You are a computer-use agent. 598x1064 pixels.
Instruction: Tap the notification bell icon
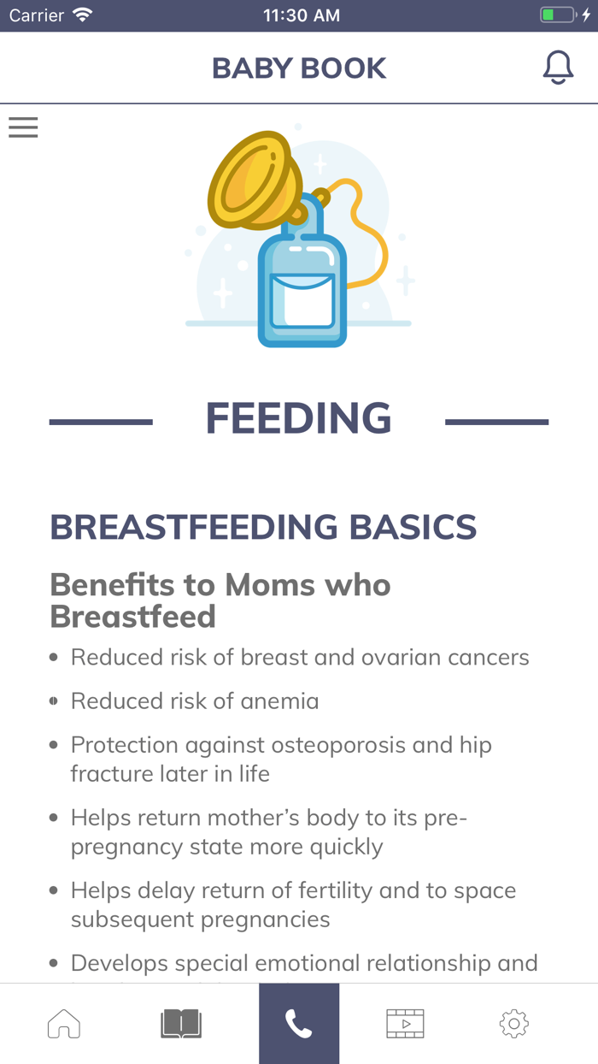click(x=558, y=68)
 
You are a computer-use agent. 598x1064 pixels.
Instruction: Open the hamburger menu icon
click(x=23, y=127)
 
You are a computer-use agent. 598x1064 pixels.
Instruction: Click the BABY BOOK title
click(x=299, y=68)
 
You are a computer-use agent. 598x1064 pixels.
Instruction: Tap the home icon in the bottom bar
click(x=64, y=1024)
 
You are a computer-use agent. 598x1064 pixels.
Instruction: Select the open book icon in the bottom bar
click(x=181, y=1024)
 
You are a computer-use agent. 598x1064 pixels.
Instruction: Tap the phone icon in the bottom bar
click(x=298, y=1024)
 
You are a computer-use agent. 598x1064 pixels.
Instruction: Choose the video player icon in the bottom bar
click(x=405, y=1024)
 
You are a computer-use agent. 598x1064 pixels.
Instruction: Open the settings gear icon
click(x=514, y=1024)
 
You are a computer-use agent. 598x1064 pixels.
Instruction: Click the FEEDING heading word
click(x=298, y=418)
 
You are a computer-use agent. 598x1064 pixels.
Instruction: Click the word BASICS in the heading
click(x=413, y=527)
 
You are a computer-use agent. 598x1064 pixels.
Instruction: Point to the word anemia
click(x=279, y=701)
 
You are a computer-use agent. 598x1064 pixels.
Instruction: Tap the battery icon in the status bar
click(x=558, y=15)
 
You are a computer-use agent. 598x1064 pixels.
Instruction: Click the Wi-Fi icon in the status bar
click(x=83, y=15)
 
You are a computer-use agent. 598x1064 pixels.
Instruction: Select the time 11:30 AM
click(x=302, y=15)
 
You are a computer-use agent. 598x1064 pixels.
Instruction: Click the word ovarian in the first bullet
click(x=401, y=658)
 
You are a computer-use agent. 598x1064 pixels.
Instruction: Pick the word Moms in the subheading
click(x=270, y=585)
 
